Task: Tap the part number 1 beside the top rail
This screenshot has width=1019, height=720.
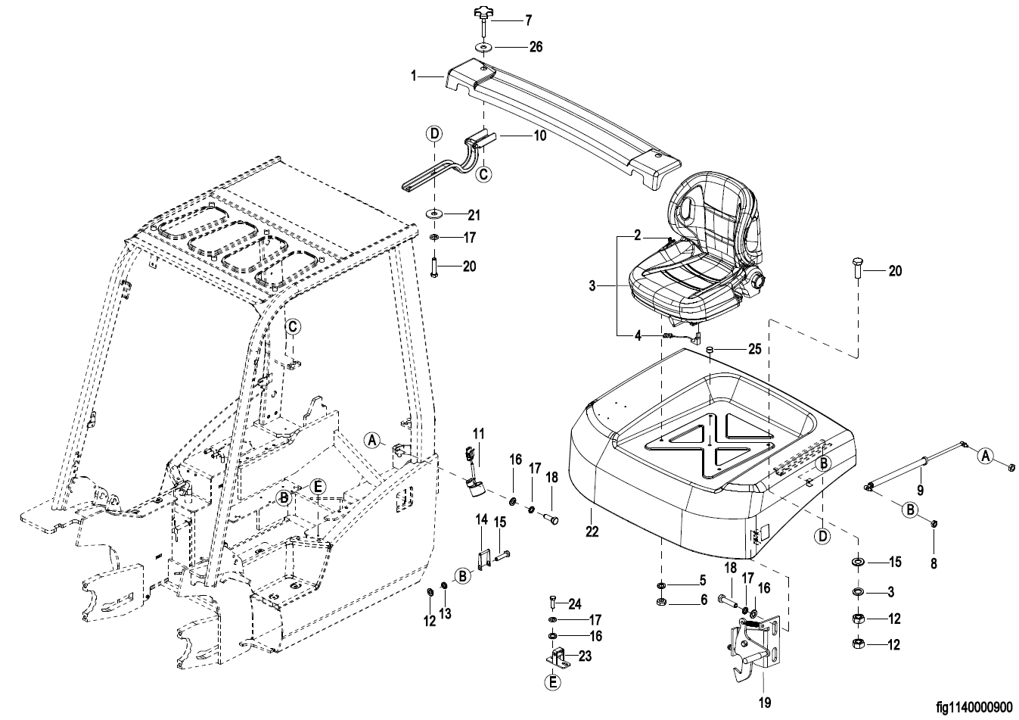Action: (414, 76)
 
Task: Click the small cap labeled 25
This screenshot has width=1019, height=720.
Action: (711, 349)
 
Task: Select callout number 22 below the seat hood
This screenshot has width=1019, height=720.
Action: (592, 532)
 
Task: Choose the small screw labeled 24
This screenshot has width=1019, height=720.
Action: (552, 603)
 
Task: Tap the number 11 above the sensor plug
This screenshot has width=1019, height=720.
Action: (478, 433)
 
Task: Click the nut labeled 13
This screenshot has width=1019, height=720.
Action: (445, 590)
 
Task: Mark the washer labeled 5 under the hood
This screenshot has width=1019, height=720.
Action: (660, 585)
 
